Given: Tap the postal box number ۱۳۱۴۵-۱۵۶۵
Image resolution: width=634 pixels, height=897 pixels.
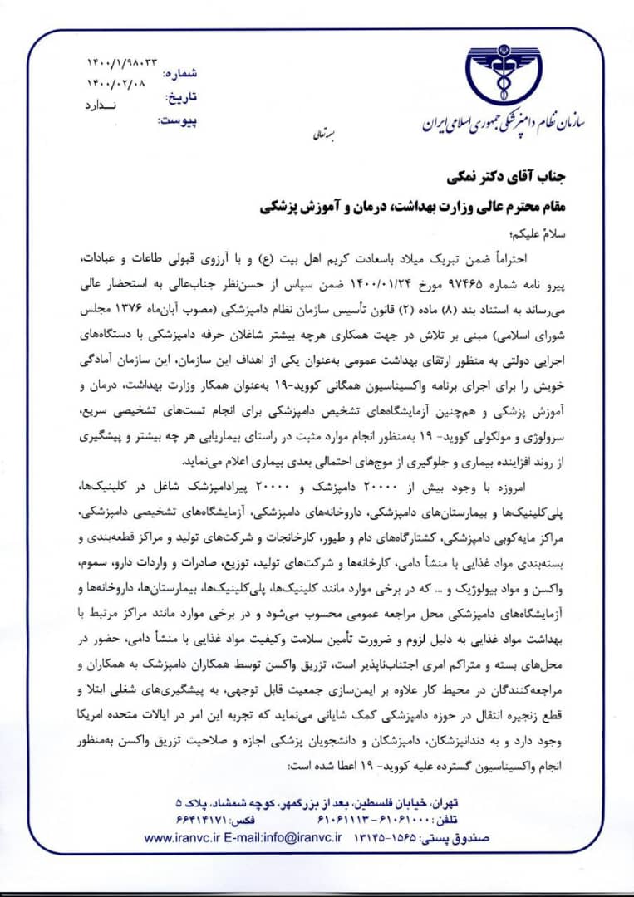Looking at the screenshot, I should [383, 838].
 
